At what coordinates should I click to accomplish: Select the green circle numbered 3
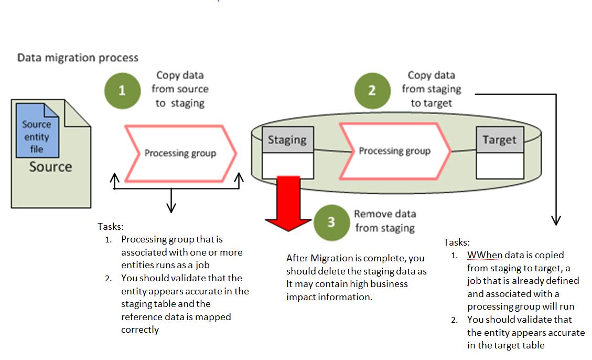pos(331,222)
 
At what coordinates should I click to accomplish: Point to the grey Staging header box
pos(287,140)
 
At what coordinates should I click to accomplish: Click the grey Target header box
pos(499,140)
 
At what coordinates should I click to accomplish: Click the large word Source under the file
pos(50,167)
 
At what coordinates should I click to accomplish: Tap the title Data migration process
pos(78,57)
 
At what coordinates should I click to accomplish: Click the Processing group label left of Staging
pos(180,153)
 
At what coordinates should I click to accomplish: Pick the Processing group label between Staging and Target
pos(394,151)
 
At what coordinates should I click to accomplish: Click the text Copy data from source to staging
pos(180,89)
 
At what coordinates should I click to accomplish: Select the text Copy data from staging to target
pos(431,89)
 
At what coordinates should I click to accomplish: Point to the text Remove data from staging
pos(384,221)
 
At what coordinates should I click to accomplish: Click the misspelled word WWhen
pos(485,255)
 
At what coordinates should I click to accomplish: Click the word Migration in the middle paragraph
pos(332,258)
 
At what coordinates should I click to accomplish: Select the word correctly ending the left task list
pos(140,330)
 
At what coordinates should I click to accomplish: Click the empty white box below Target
pos(499,165)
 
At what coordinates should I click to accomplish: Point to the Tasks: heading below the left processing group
pos(111,226)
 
